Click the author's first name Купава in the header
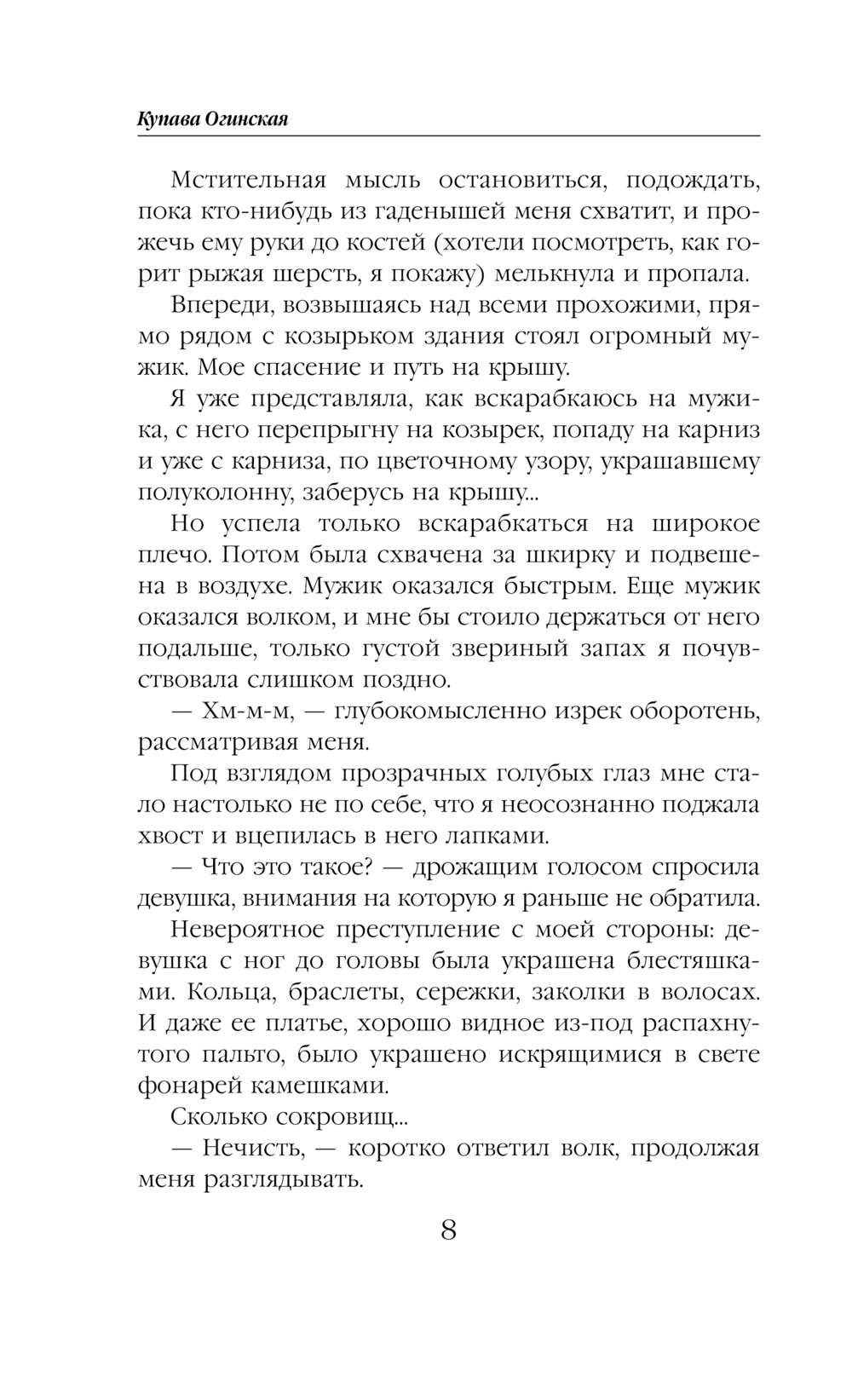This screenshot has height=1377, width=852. [x=168, y=120]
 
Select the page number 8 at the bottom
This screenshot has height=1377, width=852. [x=448, y=1230]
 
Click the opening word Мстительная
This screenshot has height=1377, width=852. [x=249, y=181]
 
